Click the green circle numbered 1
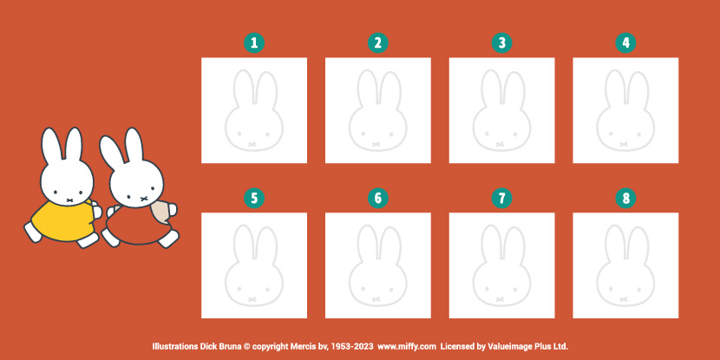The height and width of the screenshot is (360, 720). click(x=254, y=43)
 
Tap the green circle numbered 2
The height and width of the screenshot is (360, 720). click(x=378, y=43)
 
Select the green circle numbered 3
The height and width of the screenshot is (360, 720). click(x=502, y=43)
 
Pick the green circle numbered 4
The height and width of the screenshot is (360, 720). click(x=625, y=43)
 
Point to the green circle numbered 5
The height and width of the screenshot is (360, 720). click(x=254, y=199)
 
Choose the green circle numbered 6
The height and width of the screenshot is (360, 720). click(x=378, y=199)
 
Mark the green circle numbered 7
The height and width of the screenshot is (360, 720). click(x=502, y=199)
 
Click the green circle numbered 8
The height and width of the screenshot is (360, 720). click(x=625, y=199)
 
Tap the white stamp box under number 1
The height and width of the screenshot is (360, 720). click(x=254, y=110)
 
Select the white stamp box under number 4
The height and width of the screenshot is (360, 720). click(x=625, y=110)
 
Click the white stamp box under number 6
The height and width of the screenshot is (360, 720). click(x=378, y=265)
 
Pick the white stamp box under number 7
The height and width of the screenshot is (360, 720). click(x=502, y=265)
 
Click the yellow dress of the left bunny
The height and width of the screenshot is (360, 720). click(x=63, y=221)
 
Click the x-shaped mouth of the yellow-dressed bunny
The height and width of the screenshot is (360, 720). click(x=69, y=200)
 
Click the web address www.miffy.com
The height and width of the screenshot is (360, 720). click(x=406, y=346)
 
